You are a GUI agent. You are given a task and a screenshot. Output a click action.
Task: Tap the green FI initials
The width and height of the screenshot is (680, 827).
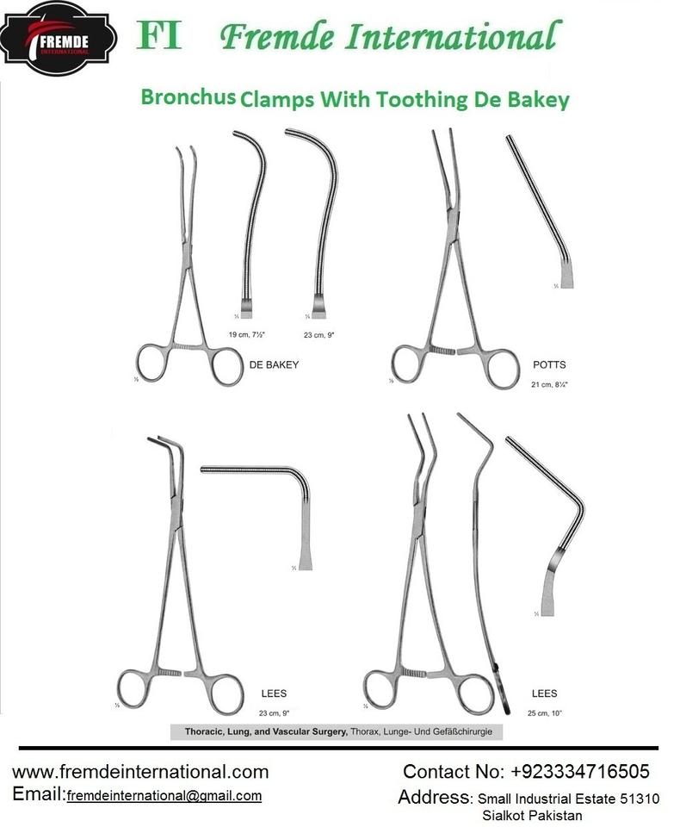160,36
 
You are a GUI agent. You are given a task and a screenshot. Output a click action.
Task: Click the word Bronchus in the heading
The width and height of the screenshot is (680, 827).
189,97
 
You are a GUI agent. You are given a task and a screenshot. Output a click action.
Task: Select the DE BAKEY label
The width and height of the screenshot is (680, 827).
274,365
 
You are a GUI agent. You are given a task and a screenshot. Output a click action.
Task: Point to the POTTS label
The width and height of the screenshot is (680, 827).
549,365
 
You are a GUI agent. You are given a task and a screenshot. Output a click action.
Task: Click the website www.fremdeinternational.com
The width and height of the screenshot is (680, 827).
140,771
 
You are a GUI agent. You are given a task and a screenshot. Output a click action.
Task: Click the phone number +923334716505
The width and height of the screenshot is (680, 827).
581,771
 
